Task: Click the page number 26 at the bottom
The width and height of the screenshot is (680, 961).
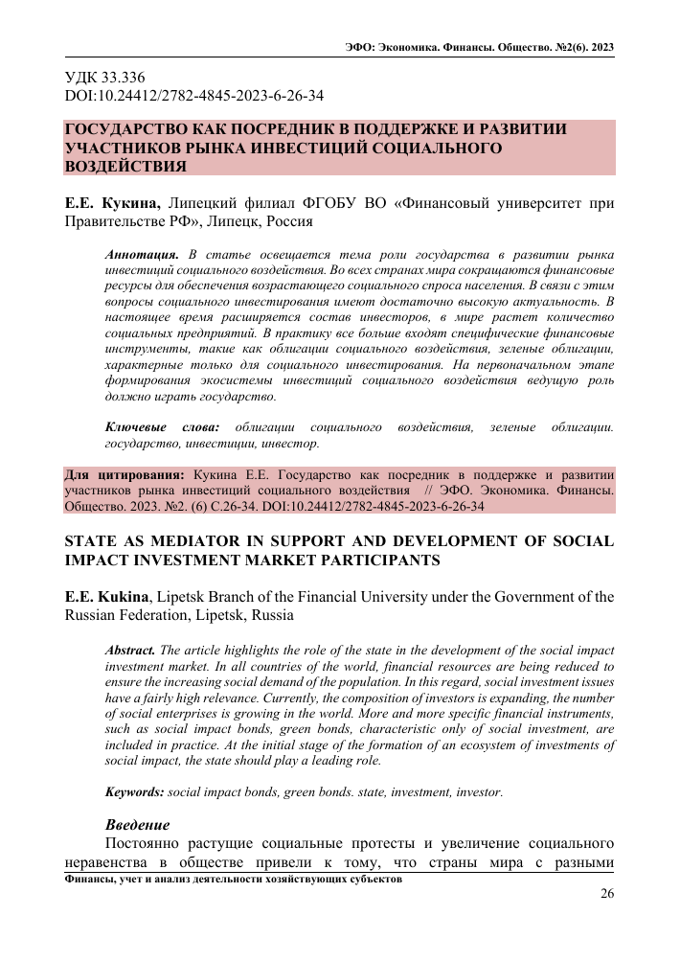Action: [605, 895]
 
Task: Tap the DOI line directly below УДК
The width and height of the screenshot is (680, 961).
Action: [193, 96]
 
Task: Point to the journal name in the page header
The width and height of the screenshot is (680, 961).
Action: [478, 47]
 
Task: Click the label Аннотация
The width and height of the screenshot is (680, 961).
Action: [142, 256]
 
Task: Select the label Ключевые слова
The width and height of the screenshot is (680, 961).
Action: [161, 426]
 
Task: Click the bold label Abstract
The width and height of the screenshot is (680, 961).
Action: [130, 649]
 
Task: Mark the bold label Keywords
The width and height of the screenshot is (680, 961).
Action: [134, 791]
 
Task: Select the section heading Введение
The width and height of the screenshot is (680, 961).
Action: [137, 824]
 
